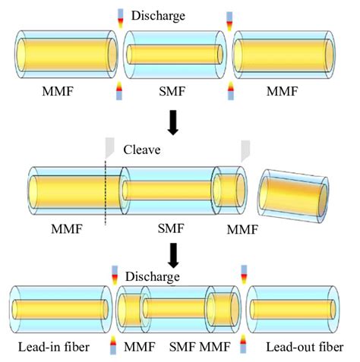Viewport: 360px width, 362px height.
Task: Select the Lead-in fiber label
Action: pos(52,348)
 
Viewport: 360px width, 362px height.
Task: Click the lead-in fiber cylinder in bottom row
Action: pos(55,311)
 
